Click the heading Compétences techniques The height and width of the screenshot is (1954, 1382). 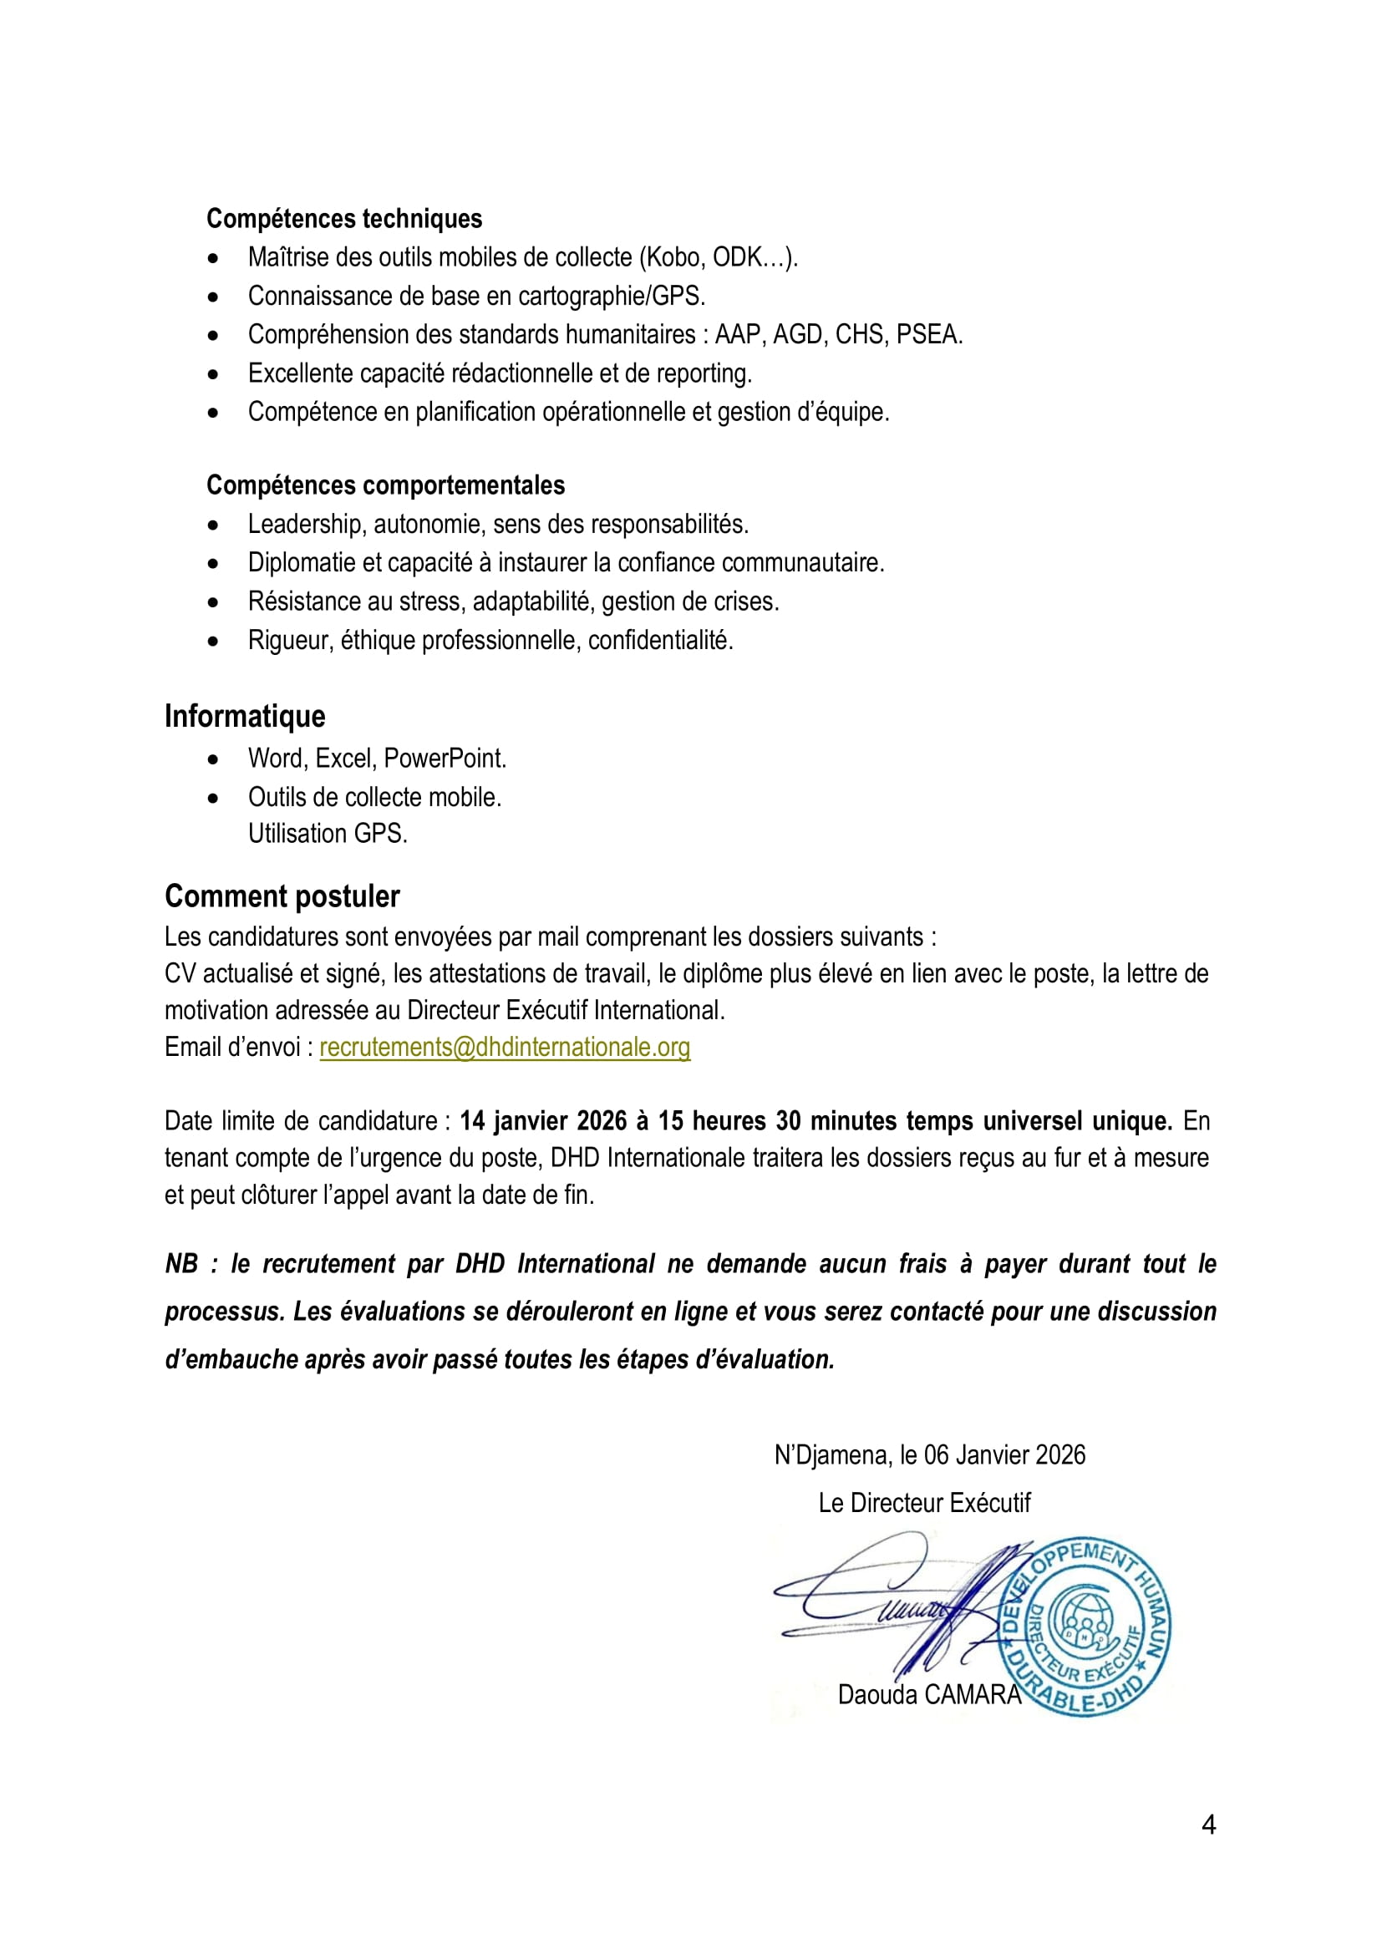343,219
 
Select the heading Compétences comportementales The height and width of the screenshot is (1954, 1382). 385,485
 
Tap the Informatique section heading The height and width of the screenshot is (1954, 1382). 244,716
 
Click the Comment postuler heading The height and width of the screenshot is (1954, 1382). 282,896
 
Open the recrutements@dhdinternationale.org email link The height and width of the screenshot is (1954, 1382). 505,1047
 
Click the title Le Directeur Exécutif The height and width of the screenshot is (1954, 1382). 924,1502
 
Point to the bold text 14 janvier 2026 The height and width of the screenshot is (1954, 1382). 543,1121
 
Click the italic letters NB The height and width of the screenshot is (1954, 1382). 181,1264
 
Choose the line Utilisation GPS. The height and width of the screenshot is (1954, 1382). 328,833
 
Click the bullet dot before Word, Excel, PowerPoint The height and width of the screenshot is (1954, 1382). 213,759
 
